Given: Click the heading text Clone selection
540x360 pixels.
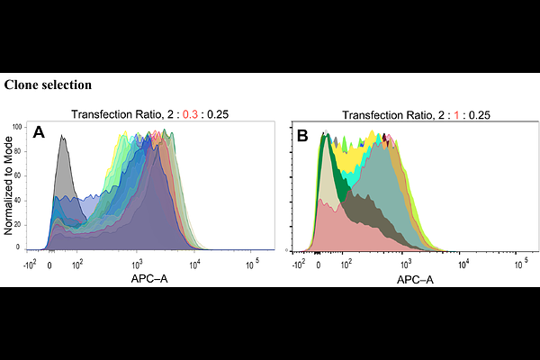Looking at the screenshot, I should click(x=47, y=85).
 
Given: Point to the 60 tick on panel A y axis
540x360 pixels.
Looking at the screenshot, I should click(x=18, y=175).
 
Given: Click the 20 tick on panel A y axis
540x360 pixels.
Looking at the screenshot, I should click(x=18, y=222).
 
